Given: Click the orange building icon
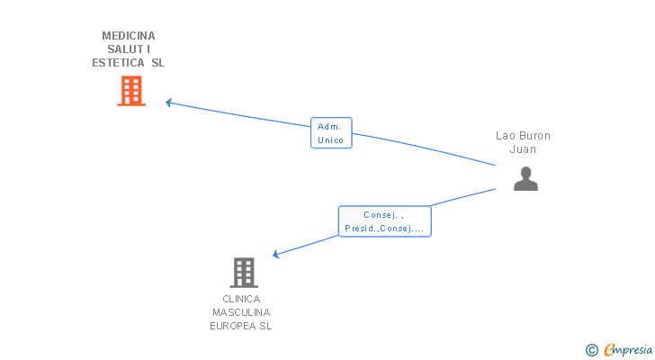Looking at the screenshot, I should [131, 91].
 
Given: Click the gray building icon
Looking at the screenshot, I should [243, 272].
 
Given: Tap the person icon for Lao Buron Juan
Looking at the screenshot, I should [525, 178].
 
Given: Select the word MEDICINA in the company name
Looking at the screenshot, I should [129, 36].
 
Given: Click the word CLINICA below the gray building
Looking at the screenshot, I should [241, 299].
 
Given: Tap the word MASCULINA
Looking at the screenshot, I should [241, 312].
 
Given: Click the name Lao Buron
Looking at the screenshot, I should [523, 136].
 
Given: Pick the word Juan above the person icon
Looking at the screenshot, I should [523, 149].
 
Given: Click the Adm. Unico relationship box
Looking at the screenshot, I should [331, 133].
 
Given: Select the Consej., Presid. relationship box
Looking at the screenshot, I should [384, 221].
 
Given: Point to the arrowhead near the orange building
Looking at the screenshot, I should [169, 103].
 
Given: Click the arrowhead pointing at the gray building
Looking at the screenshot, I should [276, 255].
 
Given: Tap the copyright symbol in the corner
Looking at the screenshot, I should [591, 349].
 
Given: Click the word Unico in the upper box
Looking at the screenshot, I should [331, 140].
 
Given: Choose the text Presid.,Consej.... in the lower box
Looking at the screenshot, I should [384, 229].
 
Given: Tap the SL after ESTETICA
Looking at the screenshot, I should [157, 63].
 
